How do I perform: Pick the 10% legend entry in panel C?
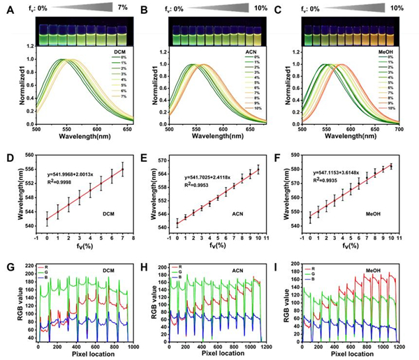[x=396, y=108]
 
